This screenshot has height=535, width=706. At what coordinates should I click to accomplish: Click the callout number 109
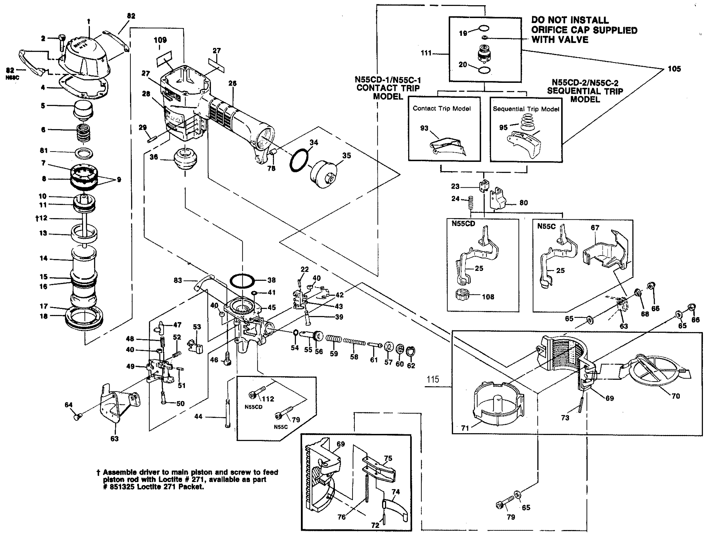pos(160,40)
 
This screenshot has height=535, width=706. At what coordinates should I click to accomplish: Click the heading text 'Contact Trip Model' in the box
pos(441,108)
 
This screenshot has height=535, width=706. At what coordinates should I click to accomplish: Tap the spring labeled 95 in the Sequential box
pos(527,123)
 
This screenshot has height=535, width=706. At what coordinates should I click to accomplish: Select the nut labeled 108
pos(464,295)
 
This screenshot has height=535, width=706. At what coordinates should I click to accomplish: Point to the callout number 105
pos(674,69)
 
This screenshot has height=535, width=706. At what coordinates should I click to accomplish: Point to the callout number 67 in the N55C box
pos(595,228)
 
